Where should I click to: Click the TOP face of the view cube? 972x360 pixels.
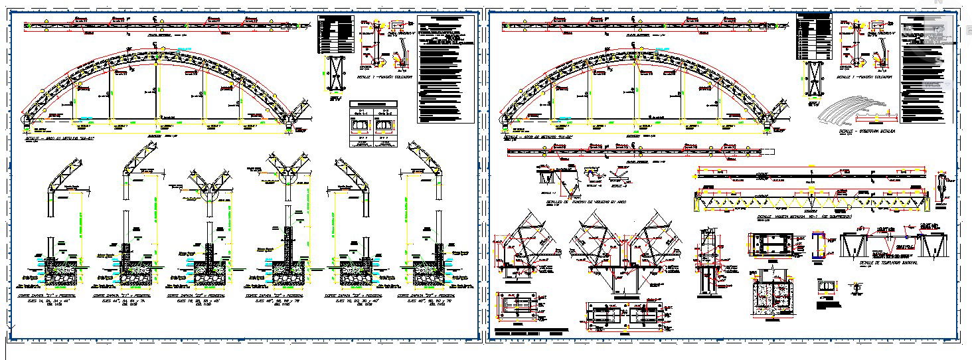click(x=939, y=31)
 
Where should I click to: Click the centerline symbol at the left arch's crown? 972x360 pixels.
click(x=155, y=45)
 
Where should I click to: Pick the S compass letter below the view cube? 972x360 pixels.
click(x=939, y=60)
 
